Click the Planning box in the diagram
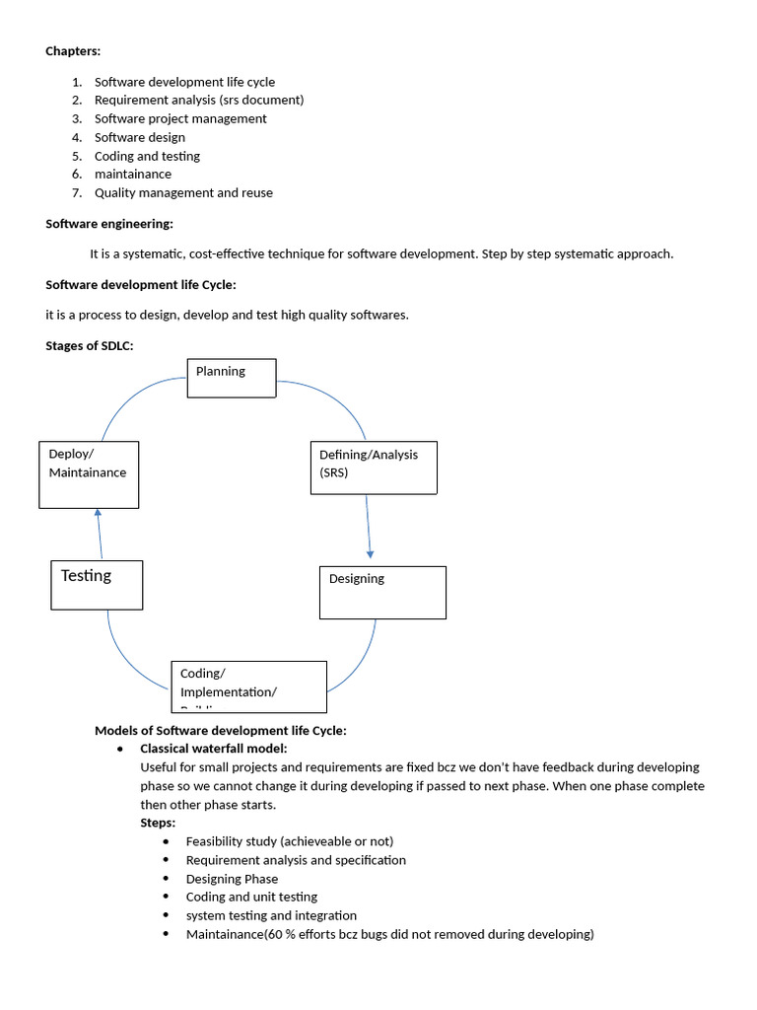pos(232,378)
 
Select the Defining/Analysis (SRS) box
pos(374,468)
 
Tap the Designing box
pos(382,592)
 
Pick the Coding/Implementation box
pos(248,686)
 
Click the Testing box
pos(96,585)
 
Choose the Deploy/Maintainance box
pos(89,474)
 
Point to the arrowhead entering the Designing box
pos(370,554)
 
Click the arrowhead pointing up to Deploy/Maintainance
pos(98,513)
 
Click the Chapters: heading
pos(73,51)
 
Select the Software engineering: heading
pos(109,224)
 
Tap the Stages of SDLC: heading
pos(89,345)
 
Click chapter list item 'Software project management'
pos(180,118)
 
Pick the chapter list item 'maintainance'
pos(133,174)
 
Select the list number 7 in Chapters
pos(76,192)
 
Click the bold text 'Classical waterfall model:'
pos(214,749)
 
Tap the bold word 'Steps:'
pos(158,823)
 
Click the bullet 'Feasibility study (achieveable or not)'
pos(289,841)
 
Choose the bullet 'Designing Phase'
pos(232,879)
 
